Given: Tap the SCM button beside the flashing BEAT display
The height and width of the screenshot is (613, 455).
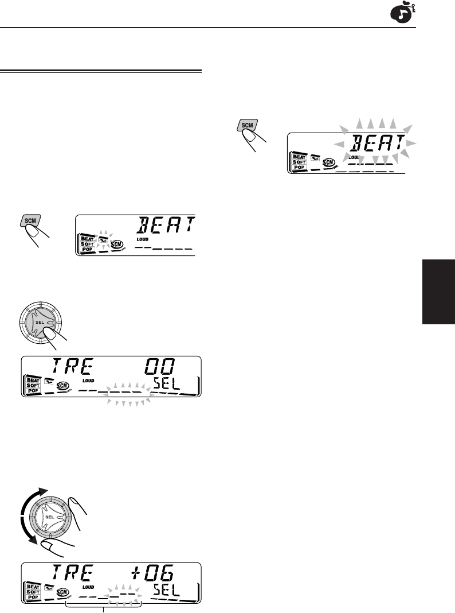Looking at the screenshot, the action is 248,125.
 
